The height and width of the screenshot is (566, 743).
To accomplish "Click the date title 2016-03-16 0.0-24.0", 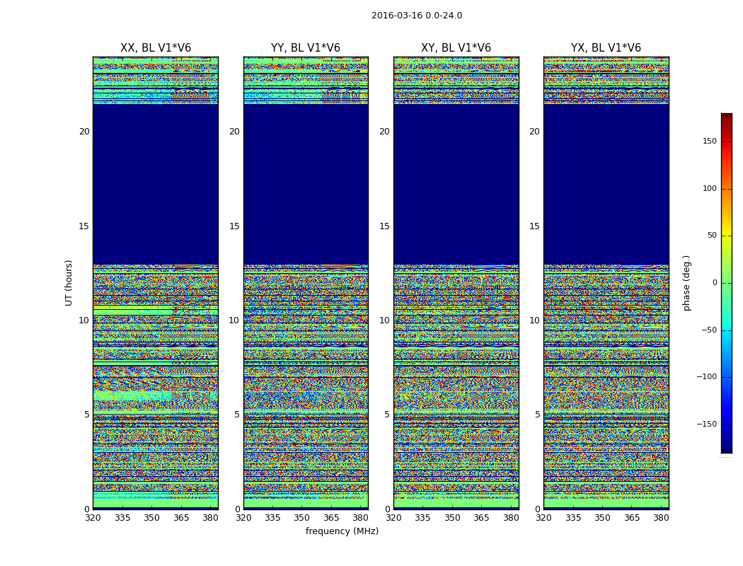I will pyautogui.click(x=416, y=16).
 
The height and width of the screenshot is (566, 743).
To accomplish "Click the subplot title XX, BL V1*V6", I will pyautogui.click(x=156, y=48).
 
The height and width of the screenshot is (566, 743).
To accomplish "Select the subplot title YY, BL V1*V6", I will pyautogui.click(x=306, y=48).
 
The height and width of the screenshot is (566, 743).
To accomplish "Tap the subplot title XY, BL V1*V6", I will pyautogui.click(x=456, y=48).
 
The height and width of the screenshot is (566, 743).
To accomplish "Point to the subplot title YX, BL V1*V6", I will pyautogui.click(x=606, y=48).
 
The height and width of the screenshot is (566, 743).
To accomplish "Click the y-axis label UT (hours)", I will pyautogui.click(x=69, y=282).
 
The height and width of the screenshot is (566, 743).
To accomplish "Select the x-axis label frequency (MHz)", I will pyautogui.click(x=342, y=531).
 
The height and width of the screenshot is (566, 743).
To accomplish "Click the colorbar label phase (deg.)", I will pyautogui.click(x=686, y=283).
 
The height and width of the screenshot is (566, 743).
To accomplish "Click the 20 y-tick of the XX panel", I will pyautogui.click(x=84, y=132).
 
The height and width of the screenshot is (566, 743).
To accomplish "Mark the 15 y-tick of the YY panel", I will pyautogui.click(x=234, y=226).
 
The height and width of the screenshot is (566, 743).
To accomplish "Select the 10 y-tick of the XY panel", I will pyautogui.click(x=384, y=320).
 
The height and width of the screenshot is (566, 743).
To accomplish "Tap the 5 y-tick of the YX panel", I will pyautogui.click(x=537, y=415).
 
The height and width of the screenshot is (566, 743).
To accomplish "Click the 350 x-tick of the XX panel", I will pyautogui.click(x=151, y=518).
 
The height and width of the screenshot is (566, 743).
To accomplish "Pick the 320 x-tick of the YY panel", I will pyautogui.click(x=243, y=518).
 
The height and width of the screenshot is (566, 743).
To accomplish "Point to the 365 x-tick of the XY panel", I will pyautogui.click(x=481, y=518).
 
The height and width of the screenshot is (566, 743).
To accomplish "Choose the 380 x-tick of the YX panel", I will pyautogui.click(x=661, y=518).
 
